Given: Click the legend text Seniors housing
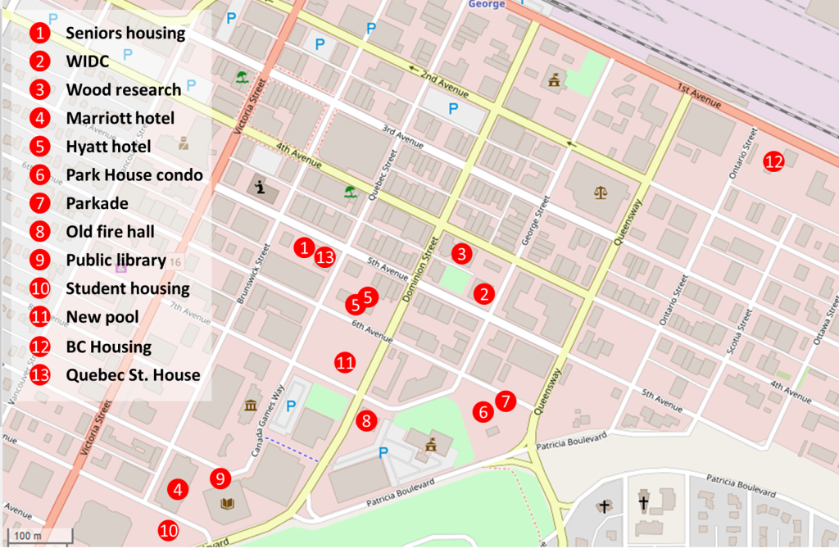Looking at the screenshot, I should point(125,34).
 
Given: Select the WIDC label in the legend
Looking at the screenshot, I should point(88,61).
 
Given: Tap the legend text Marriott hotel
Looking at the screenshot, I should point(120,118).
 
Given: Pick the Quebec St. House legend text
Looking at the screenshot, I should point(134,375).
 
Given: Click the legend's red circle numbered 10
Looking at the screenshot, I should point(40,288).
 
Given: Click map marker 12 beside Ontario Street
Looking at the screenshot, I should point(773,161).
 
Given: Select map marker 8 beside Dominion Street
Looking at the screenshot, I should point(367,421).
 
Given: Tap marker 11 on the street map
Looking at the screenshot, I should point(346,362).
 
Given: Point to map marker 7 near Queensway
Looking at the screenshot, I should point(506,401).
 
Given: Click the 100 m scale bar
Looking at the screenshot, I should point(39,537).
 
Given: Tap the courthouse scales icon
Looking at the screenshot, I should point(601,193).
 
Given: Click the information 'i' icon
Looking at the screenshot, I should point(261,188).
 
